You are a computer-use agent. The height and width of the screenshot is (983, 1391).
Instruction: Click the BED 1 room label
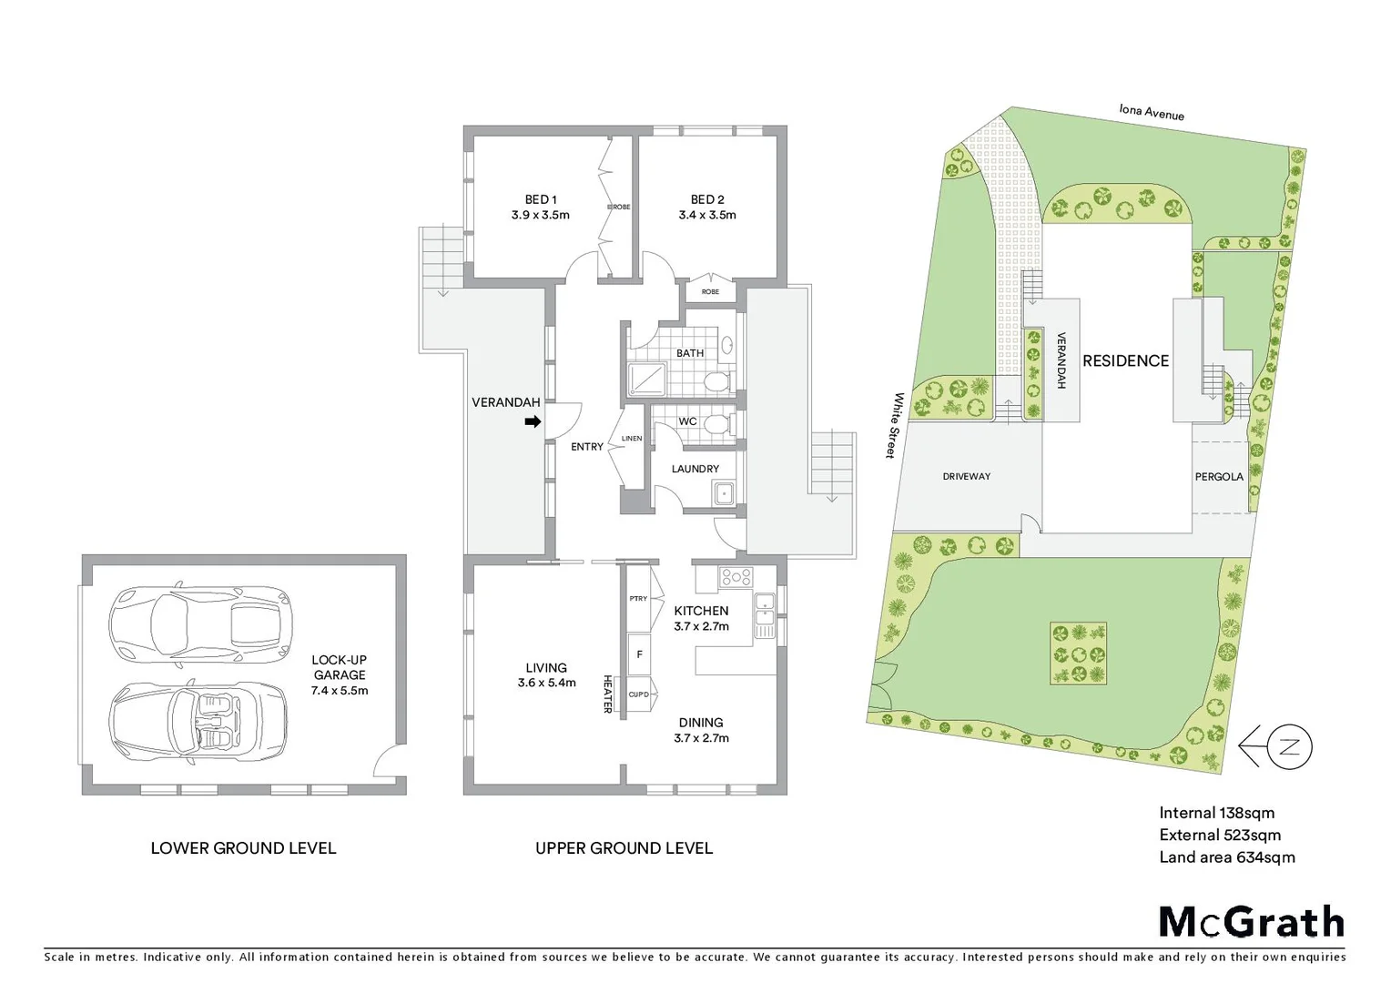tap(541, 199)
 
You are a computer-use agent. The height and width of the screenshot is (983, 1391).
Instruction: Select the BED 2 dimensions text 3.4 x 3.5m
tap(707, 216)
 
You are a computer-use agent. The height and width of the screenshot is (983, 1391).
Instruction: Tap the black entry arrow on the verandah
tap(533, 421)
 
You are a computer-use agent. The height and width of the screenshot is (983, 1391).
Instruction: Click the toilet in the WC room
tap(716, 423)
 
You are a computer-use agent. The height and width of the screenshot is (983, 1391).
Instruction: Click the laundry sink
tap(725, 494)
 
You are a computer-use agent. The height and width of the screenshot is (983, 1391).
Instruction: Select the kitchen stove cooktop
tap(736, 576)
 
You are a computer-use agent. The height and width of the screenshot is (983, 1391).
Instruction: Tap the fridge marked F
tap(640, 654)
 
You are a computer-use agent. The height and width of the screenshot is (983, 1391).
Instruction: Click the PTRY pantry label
tap(638, 599)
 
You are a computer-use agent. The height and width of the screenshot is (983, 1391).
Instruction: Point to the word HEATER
tap(607, 694)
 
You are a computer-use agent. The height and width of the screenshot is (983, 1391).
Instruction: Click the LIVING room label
tap(546, 667)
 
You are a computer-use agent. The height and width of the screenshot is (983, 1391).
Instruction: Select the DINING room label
tap(701, 723)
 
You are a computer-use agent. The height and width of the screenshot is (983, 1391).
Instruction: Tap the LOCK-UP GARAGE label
tap(339, 668)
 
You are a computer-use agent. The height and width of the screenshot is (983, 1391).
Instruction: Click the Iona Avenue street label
tap(1152, 113)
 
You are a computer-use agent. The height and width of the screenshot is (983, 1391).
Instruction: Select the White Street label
tap(897, 425)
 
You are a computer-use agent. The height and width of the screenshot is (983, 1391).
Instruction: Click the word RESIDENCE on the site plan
tap(1125, 361)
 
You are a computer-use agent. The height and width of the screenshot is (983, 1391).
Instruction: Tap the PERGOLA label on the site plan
tap(1219, 476)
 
